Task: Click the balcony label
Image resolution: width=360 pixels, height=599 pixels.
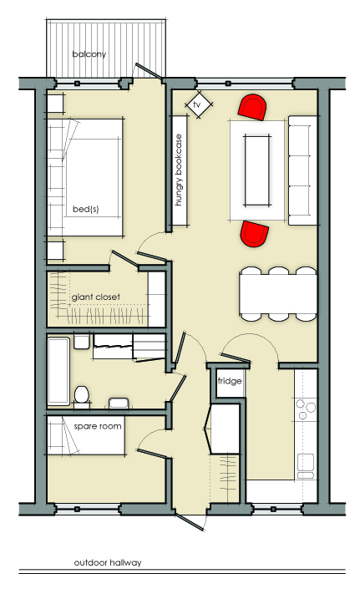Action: tap(89, 54)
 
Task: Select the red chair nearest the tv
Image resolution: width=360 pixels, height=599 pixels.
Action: tap(252, 107)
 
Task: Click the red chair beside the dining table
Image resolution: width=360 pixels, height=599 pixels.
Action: tap(254, 233)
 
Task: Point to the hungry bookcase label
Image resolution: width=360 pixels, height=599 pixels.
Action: tap(179, 170)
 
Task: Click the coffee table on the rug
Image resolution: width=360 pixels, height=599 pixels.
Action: tap(258, 170)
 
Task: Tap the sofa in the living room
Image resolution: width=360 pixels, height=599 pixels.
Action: tap(302, 170)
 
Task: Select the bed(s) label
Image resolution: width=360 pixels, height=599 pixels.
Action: tap(85, 210)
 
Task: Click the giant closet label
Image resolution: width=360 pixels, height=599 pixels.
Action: tap(96, 297)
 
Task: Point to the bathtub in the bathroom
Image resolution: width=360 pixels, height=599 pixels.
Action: tap(58, 371)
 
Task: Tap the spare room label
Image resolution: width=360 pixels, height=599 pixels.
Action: tap(98, 426)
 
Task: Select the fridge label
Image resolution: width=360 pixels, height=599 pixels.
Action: tap(230, 381)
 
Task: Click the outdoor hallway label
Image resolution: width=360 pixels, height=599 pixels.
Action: tap(108, 563)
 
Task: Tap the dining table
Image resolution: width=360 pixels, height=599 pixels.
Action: tap(279, 294)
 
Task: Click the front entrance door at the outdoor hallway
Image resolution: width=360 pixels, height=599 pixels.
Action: tap(190, 521)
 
